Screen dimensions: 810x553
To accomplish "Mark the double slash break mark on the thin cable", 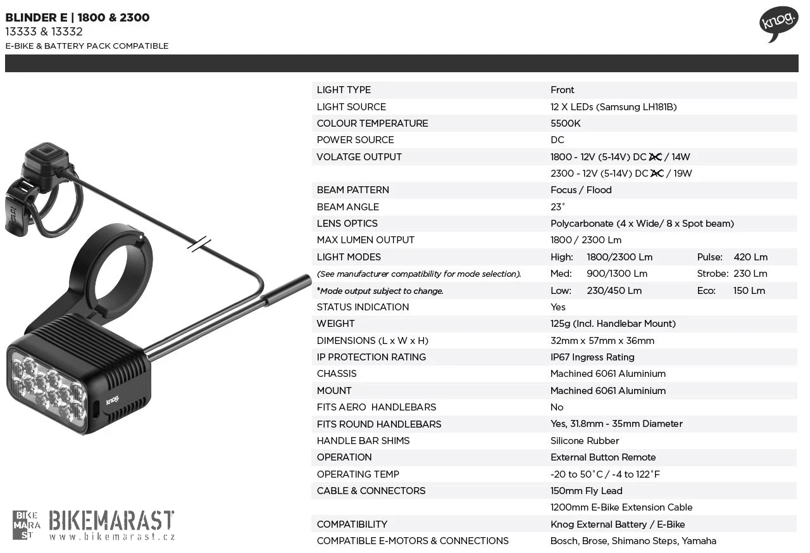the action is [199, 244].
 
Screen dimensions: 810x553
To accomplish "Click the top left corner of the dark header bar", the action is [5, 54].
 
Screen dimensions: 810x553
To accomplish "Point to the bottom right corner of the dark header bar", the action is [799, 72].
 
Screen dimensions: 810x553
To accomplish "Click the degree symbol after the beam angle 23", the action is [563, 204].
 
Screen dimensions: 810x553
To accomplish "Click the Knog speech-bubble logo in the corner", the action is [778, 24].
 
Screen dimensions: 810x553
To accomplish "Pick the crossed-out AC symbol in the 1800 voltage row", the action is [655, 156].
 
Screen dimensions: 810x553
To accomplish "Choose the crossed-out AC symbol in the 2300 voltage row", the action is [657, 174].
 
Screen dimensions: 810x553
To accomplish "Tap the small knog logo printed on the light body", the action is [113, 400].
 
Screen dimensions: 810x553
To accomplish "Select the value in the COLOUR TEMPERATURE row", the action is [565, 124].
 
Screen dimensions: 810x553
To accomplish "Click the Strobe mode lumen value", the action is [751, 274].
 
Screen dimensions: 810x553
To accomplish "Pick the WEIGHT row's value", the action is [613, 324].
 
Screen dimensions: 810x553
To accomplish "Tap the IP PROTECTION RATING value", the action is [592, 357].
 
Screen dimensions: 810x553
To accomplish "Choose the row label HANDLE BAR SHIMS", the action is [363, 441].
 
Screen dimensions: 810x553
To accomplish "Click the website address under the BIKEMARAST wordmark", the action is [112, 537].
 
